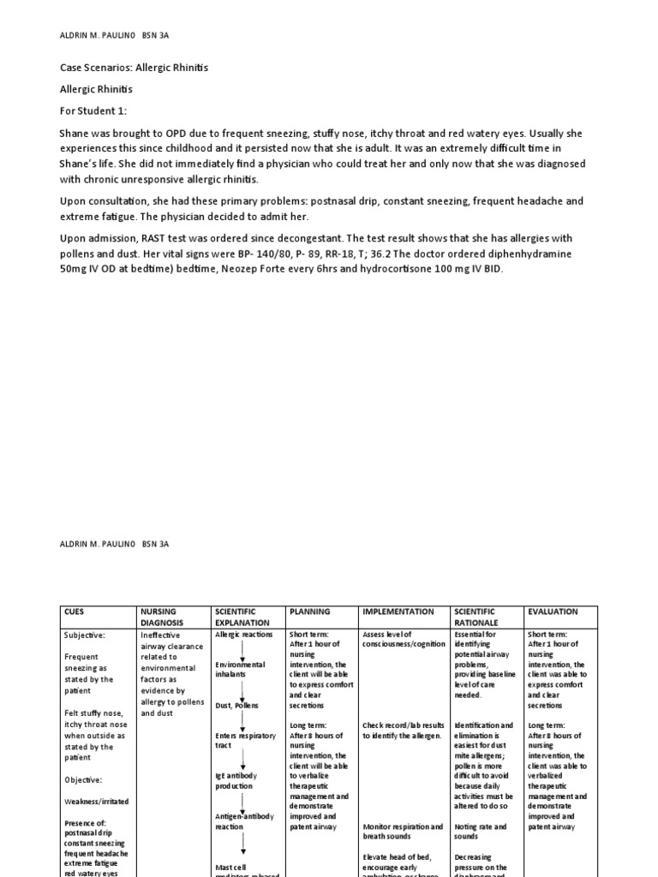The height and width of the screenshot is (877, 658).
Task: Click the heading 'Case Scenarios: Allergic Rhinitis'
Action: pyautogui.click(x=134, y=68)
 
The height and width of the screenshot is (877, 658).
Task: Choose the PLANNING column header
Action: pyautogui.click(x=310, y=612)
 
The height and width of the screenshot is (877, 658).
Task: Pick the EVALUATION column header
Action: pyautogui.click(x=553, y=612)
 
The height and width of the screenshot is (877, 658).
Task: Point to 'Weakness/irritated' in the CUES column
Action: pyautogui.click(x=97, y=801)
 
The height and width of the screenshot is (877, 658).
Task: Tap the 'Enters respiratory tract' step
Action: pyautogui.click(x=245, y=741)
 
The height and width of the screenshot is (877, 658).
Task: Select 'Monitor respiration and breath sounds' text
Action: pyautogui.click(x=402, y=832)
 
